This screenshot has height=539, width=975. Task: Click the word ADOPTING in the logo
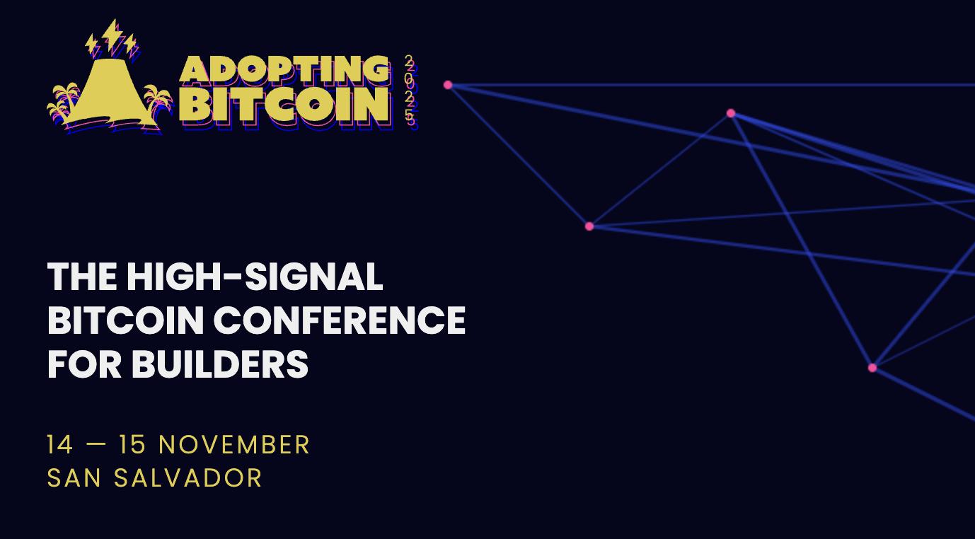click(x=284, y=69)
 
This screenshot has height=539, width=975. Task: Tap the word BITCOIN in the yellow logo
click(x=284, y=105)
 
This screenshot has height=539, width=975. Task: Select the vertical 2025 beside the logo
click(x=409, y=91)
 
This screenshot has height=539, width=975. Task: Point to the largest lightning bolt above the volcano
click(x=112, y=35)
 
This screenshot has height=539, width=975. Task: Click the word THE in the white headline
click(x=82, y=277)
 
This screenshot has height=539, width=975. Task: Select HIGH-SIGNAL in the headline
click(x=255, y=277)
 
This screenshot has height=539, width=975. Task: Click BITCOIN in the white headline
click(x=125, y=320)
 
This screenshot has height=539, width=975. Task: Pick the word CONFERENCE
click(x=340, y=320)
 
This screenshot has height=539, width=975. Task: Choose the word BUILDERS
click(x=220, y=364)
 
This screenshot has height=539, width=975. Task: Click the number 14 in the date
click(x=59, y=445)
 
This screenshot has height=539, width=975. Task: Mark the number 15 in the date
click(x=132, y=445)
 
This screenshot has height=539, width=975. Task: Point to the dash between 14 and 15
click(x=96, y=445)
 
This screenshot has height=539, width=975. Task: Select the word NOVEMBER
click(x=234, y=445)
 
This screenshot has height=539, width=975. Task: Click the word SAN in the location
click(x=74, y=477)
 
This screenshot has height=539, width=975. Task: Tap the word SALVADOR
click(x=188, y=477)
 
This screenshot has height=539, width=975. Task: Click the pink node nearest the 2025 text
click(x=448, y=85)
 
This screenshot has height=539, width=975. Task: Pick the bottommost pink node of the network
click(x=872, y=368)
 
